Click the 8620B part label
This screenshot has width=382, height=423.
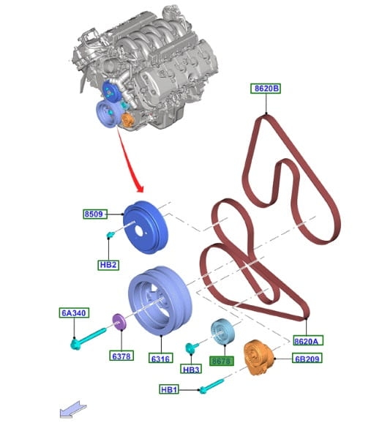pos(266,89)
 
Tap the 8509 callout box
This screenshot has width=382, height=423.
pos(95,214)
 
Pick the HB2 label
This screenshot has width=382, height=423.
pos(108,265)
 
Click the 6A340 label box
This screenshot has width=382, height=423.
pos(74,312)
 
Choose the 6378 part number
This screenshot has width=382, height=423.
pos(121,356)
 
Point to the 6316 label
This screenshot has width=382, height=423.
pos(161,359)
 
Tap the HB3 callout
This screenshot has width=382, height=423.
pos(191,370)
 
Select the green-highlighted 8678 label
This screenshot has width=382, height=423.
pos(222,361)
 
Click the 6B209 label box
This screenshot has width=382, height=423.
pos(307,359)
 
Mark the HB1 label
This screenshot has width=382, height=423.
pos(169,390)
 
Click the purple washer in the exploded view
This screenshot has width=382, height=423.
pos(119,322)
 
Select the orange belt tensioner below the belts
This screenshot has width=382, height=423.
pos(258,358)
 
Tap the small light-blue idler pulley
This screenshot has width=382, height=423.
pos(222,332)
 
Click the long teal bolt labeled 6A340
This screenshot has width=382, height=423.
pos(88,338)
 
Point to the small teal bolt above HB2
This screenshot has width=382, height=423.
pos(111,235)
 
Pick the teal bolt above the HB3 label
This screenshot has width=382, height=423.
pos(192,347)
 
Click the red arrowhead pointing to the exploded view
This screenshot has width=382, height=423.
pos(140,188)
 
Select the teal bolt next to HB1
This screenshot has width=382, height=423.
pos(211,386)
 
